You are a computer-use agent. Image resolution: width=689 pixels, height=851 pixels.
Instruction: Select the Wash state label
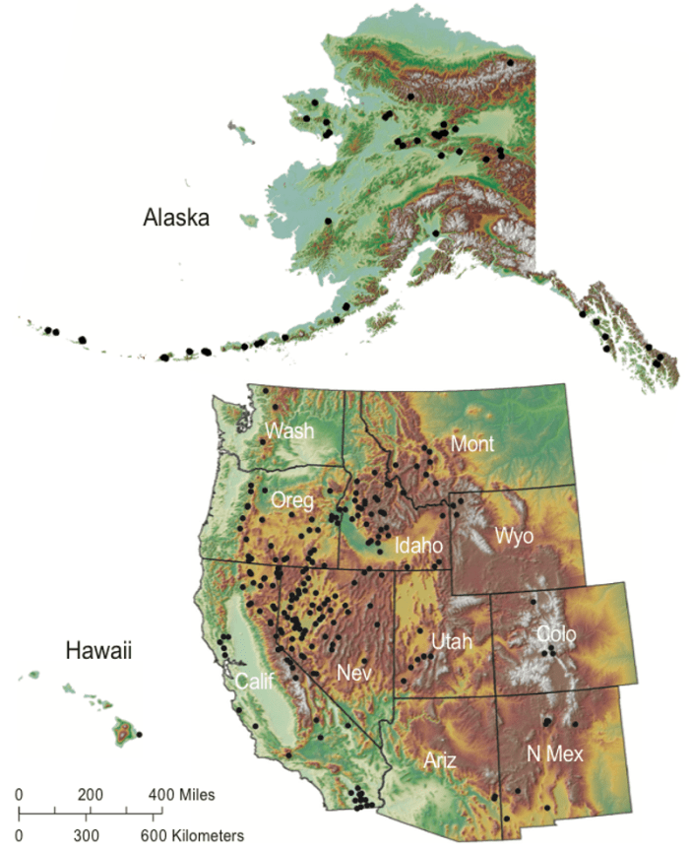pos(289,430)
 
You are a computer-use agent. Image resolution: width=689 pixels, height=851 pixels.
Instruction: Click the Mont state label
pos(472,444)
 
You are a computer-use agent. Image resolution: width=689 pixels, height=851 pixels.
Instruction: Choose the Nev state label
pos(354,673)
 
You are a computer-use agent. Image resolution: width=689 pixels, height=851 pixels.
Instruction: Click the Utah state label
pos(452,642)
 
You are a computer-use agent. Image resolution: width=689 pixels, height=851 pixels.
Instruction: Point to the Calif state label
pos(254,681)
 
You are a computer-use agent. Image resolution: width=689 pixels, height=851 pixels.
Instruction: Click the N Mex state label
pos(557,755)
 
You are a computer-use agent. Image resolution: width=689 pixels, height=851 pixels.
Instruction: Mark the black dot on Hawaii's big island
pos(139,734)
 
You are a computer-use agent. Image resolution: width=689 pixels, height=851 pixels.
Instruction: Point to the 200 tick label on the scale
pos(91,794)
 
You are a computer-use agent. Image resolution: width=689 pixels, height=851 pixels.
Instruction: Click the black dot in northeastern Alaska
pos(510,62)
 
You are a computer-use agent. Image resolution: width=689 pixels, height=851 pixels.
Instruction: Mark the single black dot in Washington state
pos(276,407)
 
